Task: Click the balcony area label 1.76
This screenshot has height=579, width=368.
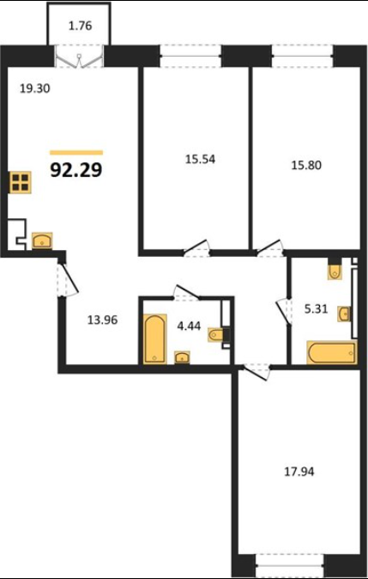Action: pyautogui.click(x=80, y=27)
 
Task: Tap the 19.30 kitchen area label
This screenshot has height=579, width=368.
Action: pyautogui.click(x=34, y=88)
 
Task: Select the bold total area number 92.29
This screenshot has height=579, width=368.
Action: pyautogui.click(x=76, y=170)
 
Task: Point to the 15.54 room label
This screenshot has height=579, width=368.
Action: pyautogui.click(x=200, y=159)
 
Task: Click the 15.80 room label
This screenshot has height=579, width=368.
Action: pyautogui.click(x=306, y=165)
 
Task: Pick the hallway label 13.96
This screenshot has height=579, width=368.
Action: pyautogui.click(x=103, y=320)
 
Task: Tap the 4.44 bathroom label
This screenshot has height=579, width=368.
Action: pyautogui.click(x=190, y=326)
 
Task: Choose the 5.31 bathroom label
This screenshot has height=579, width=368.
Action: pyautogui.click(x=316, y=308)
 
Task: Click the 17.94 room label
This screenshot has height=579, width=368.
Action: pyautogui.click(x=299, y=472)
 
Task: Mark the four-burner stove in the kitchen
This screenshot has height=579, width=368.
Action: pyautogui.click(x=21, y=182)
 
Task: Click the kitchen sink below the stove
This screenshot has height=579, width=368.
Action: pyautogui.click(x=42, y=241)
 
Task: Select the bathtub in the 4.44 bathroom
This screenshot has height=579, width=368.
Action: pyautogui.click(x=155, y=338)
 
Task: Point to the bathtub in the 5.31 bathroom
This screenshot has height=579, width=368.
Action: pyautogui.click(x=332, y=353)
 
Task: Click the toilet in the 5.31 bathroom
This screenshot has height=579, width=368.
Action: pyautogui.click(x=335, y=271)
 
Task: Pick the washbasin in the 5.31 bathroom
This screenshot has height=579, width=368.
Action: pyautogui.click(x=344, y=314)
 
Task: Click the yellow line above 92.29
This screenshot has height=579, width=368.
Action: pyautogui.click(x=76, y=153)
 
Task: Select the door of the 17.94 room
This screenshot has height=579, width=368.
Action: pyautogui.click(x=256, y=371)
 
